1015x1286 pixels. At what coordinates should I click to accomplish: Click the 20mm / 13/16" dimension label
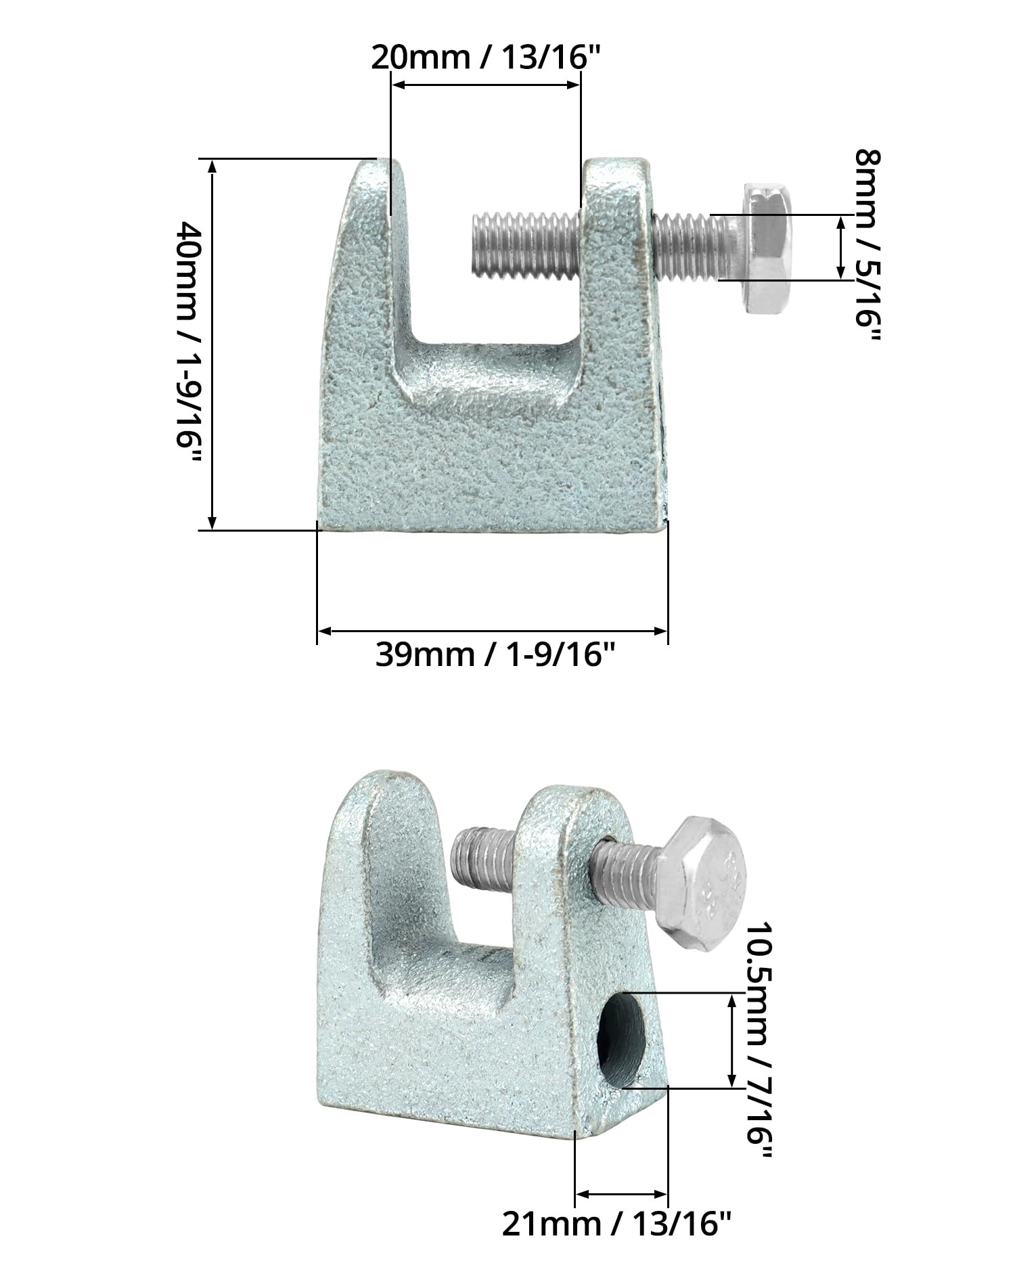[486, 58]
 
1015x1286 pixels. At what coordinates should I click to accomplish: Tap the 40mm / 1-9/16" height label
[188, 343]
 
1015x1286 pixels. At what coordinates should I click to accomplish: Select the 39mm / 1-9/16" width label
[495, 655]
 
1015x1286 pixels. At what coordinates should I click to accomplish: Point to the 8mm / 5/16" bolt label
[868, 247]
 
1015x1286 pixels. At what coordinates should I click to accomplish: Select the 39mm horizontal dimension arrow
[493, 631]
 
